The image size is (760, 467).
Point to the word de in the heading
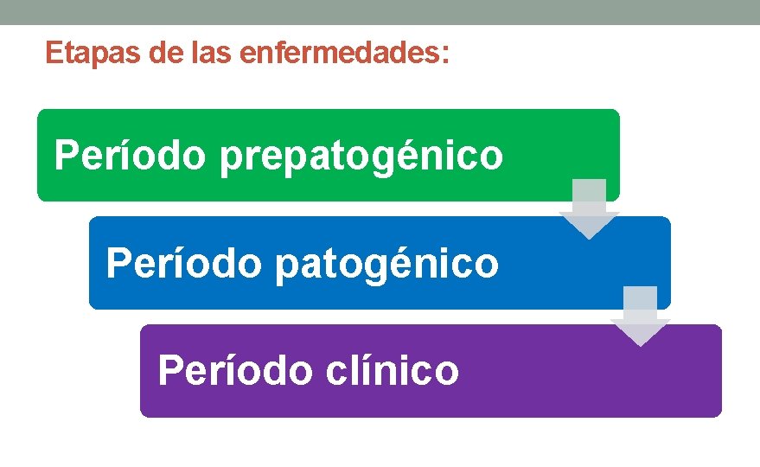tap(164, 54)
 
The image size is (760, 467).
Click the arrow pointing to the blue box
tap(589, 208)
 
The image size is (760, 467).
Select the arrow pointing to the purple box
tap(640, 316)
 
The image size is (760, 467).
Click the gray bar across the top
tap(380, 11)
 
